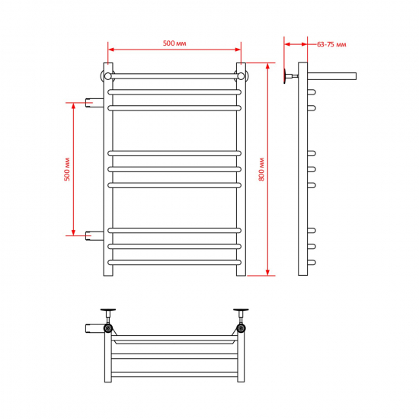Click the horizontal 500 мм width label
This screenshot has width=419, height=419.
pos(174,43)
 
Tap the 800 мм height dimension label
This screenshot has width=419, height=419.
pos(261,169)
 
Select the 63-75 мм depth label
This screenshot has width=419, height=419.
pos(331,44)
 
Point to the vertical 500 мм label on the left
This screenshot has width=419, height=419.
pos(67,169)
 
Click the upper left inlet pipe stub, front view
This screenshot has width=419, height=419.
pos(94,103)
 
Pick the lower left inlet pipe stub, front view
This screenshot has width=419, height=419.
pos(94,235)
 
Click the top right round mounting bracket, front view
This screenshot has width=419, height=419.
pos(241,76)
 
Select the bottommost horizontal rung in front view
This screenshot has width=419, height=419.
pos(174,262)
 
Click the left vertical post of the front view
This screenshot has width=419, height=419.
pos(108,169)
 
